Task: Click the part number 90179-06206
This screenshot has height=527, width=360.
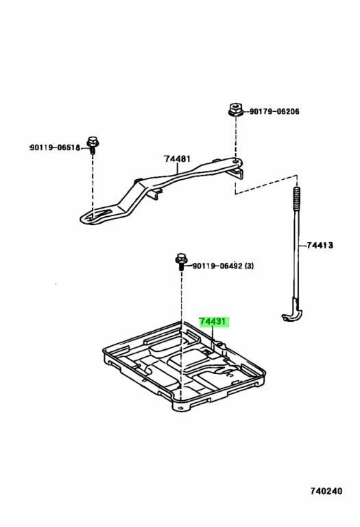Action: (274, 111)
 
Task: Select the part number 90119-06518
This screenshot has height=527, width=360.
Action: (55, 148)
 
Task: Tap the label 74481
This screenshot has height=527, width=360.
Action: (177, 159)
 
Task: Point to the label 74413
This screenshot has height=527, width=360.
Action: (320, 246)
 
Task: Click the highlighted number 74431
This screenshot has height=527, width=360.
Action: (213, 322)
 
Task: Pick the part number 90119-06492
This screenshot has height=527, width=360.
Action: (217, 266)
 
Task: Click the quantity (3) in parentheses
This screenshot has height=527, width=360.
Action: (249, 266)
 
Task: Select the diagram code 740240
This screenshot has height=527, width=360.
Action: (326, 491)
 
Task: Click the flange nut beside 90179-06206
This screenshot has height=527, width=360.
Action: (236, 110)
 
